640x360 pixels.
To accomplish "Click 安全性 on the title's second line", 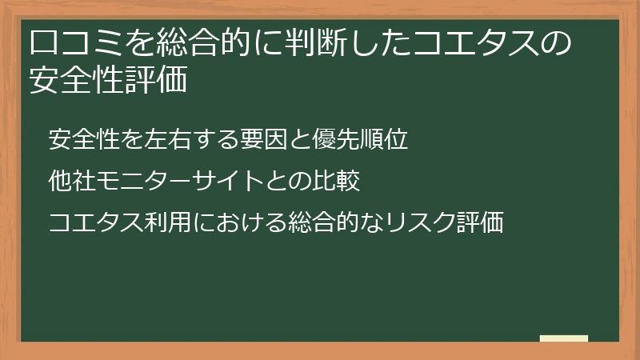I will point(78,80).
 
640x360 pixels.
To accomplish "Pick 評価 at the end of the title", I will point(158,80).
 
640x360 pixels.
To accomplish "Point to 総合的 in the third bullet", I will point(314,223).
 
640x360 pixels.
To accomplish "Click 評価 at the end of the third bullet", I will point(482,223).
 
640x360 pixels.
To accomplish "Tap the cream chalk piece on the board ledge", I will point(563,338).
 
